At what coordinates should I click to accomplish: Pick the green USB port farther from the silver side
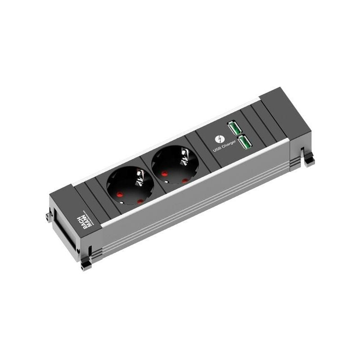[x=234, y=128]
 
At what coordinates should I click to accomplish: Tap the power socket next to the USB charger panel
[x=175, y=165]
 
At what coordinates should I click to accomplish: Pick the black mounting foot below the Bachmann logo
[x=86, y=265]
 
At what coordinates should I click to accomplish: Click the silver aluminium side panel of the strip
[x=193, y=202]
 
